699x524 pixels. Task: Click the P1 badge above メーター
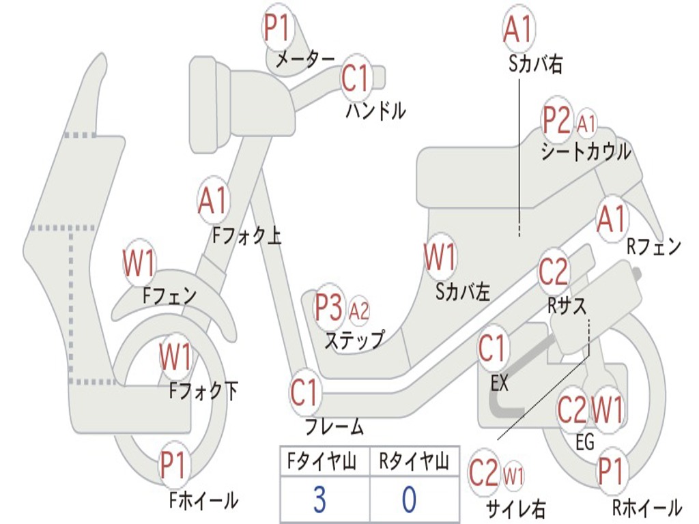click(278, 27)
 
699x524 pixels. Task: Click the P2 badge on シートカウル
click(557, 120)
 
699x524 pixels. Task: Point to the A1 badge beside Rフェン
click(612, 219)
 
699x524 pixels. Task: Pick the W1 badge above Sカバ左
click(440, 257)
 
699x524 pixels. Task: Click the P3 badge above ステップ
click(330, 308)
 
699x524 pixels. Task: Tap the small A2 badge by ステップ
click(359, 311)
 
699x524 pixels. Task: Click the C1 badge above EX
click(493, 349)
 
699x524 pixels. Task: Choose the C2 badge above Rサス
click(554, 272)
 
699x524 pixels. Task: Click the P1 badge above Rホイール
click(611, 471)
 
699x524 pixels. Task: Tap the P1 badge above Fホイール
click(174, 465)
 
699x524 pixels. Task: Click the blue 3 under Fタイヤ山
click(319, 499)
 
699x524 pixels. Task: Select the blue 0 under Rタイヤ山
click(410, 499)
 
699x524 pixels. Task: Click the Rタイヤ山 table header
click(414, 462)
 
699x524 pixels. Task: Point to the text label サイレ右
click(516, 508)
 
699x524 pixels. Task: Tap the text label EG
click(585, 442)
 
